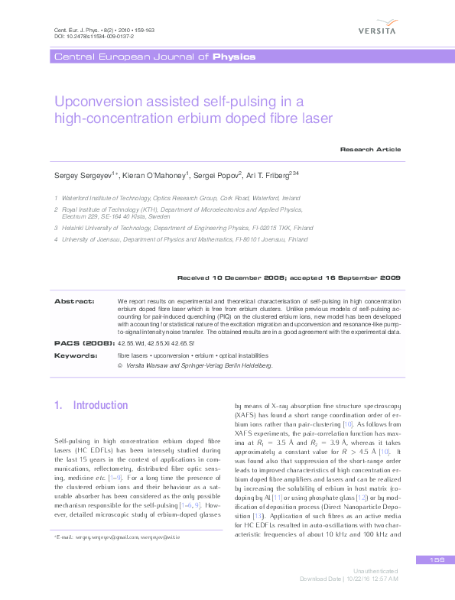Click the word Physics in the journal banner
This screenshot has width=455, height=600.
(234, 57)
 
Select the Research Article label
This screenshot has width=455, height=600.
(370, 150)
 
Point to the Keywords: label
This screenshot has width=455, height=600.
(75, 355)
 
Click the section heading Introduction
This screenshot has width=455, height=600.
(100, 405)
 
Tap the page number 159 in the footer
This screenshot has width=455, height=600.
(437, 560)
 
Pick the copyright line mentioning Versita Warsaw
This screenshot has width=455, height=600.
(195, 366)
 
